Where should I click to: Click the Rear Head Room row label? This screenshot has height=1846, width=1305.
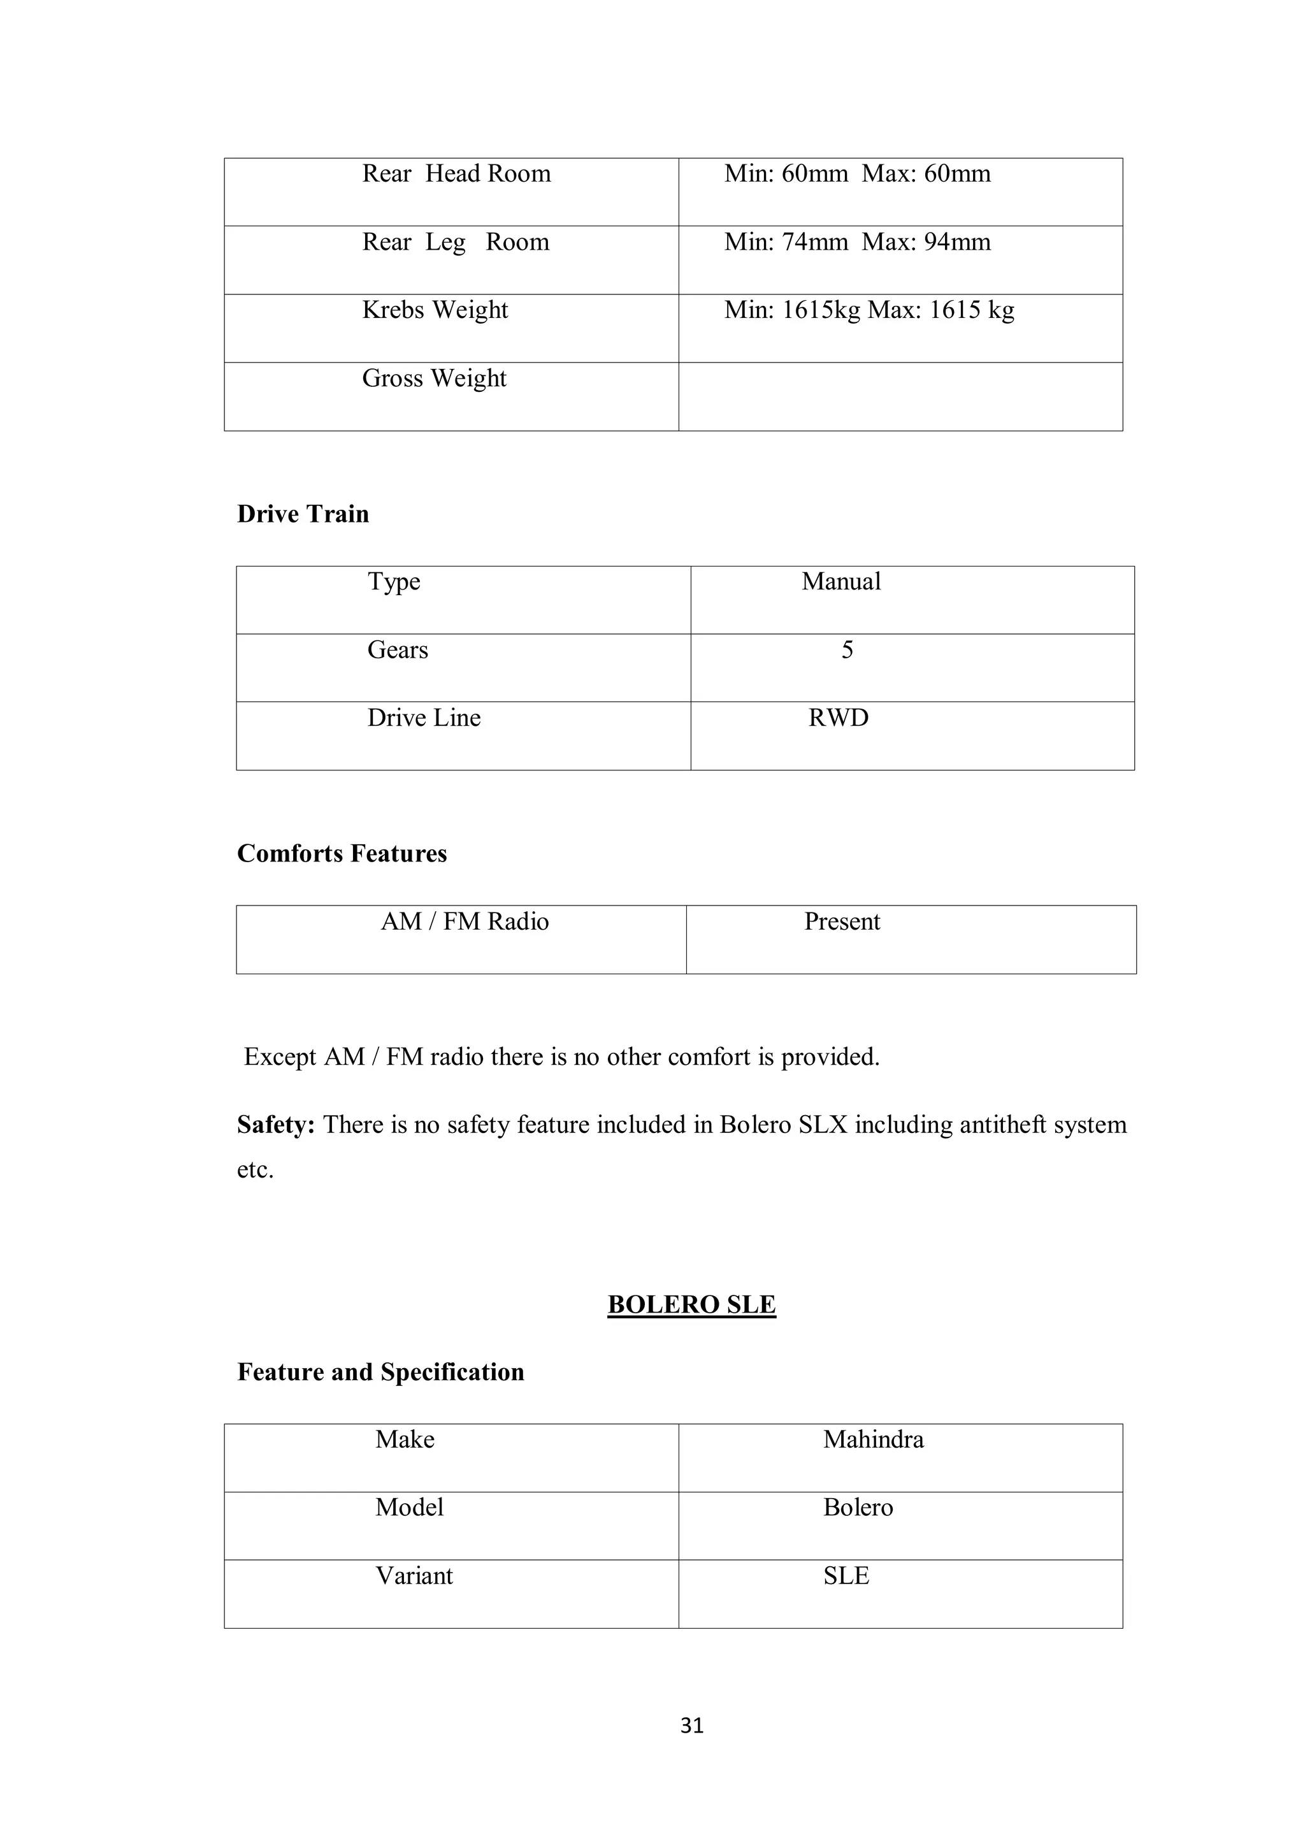pyautogui.click(x=456, y=174)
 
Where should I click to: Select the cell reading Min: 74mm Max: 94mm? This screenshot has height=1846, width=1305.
pyautogui.click(x=857, y=242)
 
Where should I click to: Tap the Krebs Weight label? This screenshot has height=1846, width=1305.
pyautogui.click(x=435, y=310)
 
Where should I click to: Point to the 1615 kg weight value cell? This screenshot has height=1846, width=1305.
pyautogui.click(x=869, y=310)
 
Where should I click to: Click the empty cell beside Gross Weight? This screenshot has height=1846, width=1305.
pyautogui.click(x=900, y=396)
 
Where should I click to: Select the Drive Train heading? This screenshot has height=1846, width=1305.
pyautogui.click(x=303, y=514)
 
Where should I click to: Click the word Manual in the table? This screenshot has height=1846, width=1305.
pyautogui.click(x=841, y=581)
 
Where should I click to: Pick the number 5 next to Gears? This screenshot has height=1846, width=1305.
pyautogui.click(x=847, y=650)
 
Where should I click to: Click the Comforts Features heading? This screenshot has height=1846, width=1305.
pyautogui.click(x=342, y=853)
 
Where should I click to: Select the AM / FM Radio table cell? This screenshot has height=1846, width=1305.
pyautogui.click(x=465, y=921)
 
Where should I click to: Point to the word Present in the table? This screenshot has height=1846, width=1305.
pyautogui.click(x=842, y=921)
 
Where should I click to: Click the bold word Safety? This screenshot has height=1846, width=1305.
pyautogui.click(x=276, y=1124)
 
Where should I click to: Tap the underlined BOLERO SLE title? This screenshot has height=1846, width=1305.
pyautogui.click(x=691, y=1304)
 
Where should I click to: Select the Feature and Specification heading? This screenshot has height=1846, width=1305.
pyautogui.click(x=380, y=1372)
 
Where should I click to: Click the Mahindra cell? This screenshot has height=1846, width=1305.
pyautogui.click(x=873, y=1439)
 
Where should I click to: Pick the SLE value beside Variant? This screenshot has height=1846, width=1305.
pyautogui.click(x=846, y=1575)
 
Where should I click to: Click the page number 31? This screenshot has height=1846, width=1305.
pyautogui.click(x=691, y=1726)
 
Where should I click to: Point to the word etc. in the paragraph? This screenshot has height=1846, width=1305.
pyautogui.click(x=255, y=1169)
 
